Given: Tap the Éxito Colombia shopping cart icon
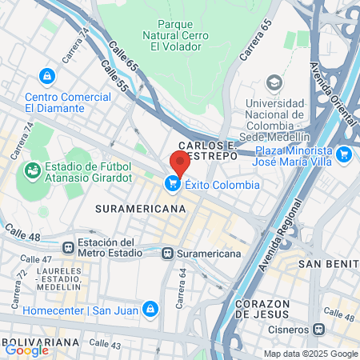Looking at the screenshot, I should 172,184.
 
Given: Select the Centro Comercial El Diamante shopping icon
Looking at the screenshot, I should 47,75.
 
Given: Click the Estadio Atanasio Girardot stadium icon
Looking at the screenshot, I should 33,170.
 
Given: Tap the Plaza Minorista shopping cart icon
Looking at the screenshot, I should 344,154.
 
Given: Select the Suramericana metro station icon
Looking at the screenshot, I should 166,254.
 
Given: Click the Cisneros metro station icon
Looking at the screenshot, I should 319,329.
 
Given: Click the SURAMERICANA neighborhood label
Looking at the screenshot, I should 140,208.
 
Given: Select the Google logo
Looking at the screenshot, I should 26,350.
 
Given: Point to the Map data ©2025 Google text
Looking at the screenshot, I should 311,354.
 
